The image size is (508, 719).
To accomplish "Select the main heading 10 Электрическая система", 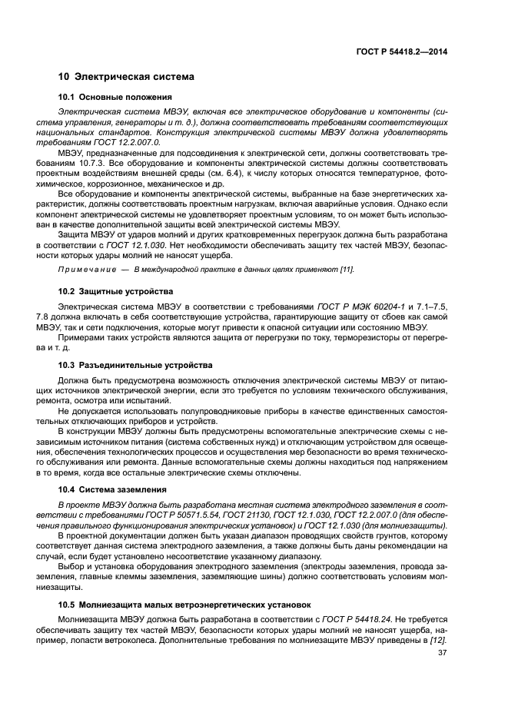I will tap(126, 77).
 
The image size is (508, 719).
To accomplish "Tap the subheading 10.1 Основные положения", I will tap(115, 97).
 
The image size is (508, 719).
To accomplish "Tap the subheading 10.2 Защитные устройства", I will tap(116, 291).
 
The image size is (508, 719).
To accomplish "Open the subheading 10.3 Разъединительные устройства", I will tap(135, 364).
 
